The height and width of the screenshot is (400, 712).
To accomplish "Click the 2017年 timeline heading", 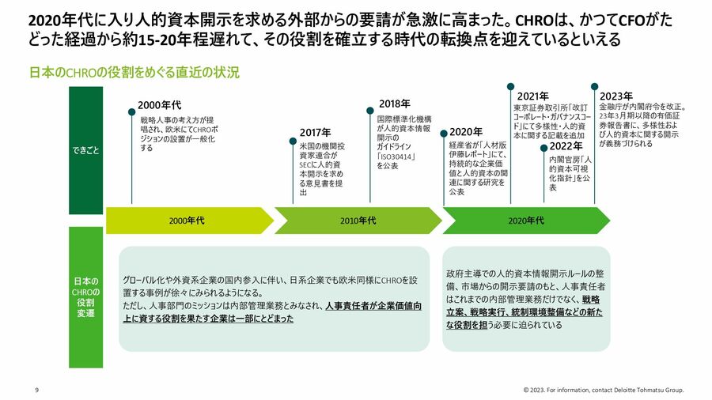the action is click(315, 133).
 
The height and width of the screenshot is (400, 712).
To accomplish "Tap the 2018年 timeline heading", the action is click(395, 104).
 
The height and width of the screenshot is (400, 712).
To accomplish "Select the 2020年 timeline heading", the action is click(466, 132).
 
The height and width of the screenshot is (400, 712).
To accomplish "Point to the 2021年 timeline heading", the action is click(532, 96).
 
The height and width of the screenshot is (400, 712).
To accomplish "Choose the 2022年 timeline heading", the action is click(566, 146).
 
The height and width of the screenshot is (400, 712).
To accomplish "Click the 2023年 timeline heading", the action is click(616, 96).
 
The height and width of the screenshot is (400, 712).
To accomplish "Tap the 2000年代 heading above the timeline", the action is click(159, 105).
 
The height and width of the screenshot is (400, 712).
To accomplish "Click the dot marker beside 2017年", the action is click(293, 142).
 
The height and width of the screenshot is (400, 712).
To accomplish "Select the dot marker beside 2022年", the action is click(543, 148).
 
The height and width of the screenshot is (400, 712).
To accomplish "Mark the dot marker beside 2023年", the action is click(594, 86).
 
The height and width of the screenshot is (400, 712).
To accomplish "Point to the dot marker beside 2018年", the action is click(370, 111).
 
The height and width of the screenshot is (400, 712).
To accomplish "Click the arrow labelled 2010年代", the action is click(358, 221).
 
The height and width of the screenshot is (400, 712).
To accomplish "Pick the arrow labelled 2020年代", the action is click(526, 221).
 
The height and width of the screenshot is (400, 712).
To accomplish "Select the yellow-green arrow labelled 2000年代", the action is click(190, 221).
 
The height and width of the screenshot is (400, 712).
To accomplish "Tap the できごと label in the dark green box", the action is click(85, 150).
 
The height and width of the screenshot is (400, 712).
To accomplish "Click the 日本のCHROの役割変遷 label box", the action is click(85, 297).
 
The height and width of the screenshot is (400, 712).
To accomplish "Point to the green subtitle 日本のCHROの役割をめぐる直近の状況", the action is click(134, 73).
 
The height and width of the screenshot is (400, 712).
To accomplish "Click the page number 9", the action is click(36, 390).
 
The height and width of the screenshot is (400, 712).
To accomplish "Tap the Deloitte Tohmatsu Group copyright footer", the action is click(604, 390).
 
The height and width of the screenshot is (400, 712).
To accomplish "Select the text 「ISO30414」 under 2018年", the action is click(396, 157).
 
